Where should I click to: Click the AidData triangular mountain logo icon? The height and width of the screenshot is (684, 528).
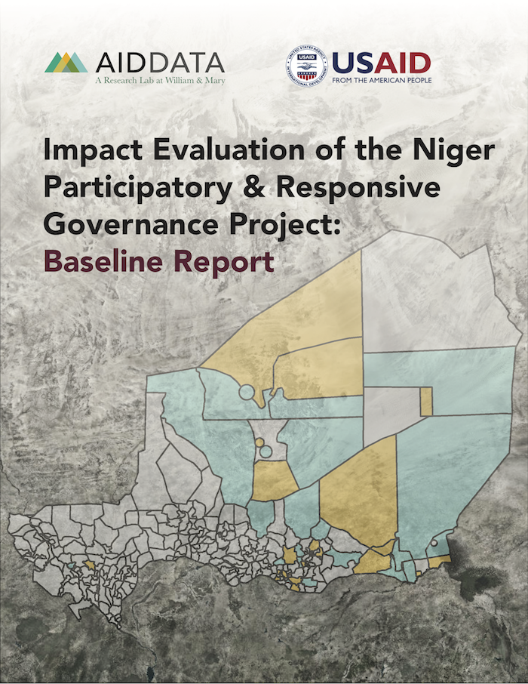pyautogui.click(x=66, y=63)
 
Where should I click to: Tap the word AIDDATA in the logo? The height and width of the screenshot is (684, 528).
pyautogui.click(x=160, y=63)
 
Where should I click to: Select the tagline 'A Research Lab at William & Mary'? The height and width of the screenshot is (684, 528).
pyautogui.click(x=161, y=80)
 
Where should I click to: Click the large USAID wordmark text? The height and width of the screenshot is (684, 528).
pyautogui.click(x=382, y=63)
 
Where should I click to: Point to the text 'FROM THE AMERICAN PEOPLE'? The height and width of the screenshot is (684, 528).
pyautogui.click(x=382, y=81)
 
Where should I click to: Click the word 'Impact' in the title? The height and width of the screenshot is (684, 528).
pyautogui.click(x=93, y=150)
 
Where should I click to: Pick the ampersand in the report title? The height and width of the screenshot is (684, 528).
pyautogui.click(x=254, y=187)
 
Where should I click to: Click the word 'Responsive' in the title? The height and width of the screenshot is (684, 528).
pyautogui.click(x=358, y=189)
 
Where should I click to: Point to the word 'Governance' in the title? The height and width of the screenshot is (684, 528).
pyautogui.click(x=130, y=224)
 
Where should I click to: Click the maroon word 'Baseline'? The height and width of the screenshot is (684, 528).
pyautogui.click(x=103, y=261)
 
